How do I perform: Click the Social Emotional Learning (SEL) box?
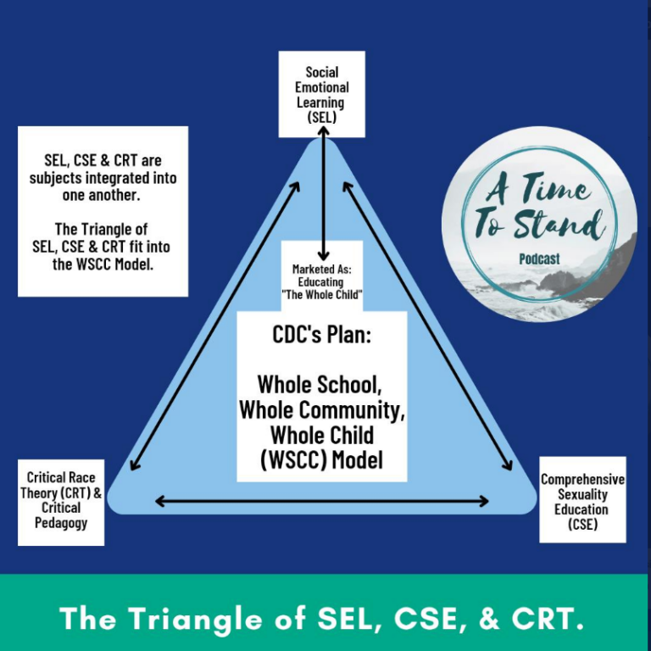pyautogui.click(x=321, y=94)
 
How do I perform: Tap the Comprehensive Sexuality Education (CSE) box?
pyautogui.click(x=582, y=501)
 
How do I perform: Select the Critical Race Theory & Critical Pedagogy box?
pyautogui.click(x=61, y=500)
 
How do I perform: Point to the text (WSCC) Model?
pyautogui.click(x=321, y=460)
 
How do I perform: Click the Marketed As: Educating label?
pyautogui.click(x=321, y=275)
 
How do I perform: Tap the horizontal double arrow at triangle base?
pyautogui.click(x=322, y=502)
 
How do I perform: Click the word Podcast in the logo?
pyautogui.click(x=539, y=259)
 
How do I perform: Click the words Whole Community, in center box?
pyautogui.click(x=321, y=409)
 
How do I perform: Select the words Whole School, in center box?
pyautogui.click(x=321, y=384)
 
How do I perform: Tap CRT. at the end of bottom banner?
pyautogui.click(x=547, y=620)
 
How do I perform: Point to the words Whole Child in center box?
pyautogui.click(x=321, y=435)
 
